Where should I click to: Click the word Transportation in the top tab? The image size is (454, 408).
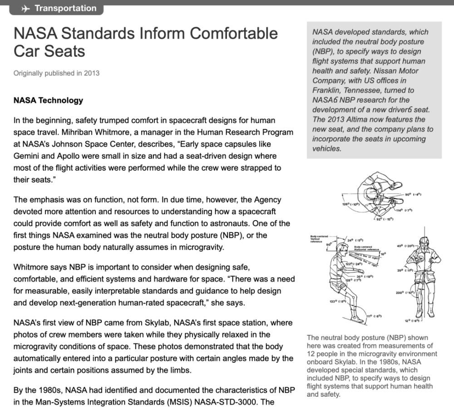[65, 8]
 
